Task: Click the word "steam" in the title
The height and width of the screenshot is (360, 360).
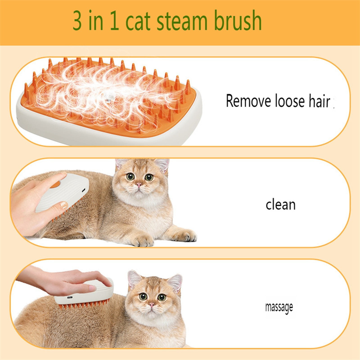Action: click(182, 21)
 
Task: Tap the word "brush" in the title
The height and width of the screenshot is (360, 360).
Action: click(238, 20)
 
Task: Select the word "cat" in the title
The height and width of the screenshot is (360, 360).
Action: click(138, 21)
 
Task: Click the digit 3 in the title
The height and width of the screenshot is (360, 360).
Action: click(77, 20)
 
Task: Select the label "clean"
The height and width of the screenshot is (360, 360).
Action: click(280, 204)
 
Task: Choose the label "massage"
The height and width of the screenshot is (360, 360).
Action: click(279, 307)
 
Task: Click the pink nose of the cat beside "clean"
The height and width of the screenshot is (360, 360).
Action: click(139, 185)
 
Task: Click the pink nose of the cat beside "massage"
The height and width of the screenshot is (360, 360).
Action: click(152, 305)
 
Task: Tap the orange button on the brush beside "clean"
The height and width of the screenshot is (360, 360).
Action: click(55, 184)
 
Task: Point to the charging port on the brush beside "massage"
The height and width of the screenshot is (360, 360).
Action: click(70, 297)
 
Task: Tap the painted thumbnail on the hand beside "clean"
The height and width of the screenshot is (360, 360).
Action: click(63, 205)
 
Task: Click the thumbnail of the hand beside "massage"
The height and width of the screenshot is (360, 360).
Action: click(93, 288)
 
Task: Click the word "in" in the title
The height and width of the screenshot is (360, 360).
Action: click(95, 21)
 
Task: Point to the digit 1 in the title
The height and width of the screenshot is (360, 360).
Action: click(114, 21)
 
